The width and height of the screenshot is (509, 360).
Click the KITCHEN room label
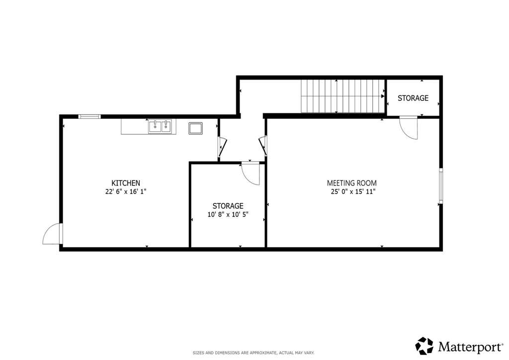126,183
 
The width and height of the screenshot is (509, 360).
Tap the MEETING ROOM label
351,183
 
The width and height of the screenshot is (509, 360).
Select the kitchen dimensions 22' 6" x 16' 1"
126,191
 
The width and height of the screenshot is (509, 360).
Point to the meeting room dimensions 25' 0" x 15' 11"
353,191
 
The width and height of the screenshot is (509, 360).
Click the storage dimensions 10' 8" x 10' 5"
228,214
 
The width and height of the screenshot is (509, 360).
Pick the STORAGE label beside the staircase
413,98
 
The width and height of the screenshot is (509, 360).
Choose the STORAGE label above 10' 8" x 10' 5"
228,206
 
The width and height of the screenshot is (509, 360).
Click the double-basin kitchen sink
160,127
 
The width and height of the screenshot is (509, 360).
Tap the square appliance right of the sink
195,128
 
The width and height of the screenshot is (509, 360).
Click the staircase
342,96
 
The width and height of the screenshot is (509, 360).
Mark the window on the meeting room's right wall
440,185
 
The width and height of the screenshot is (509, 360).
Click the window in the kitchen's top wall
89,116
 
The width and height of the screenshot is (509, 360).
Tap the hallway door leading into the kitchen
222,147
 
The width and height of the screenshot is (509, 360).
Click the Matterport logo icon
424,346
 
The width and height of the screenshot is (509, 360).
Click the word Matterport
470,347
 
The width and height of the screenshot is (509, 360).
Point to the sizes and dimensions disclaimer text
254,353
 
